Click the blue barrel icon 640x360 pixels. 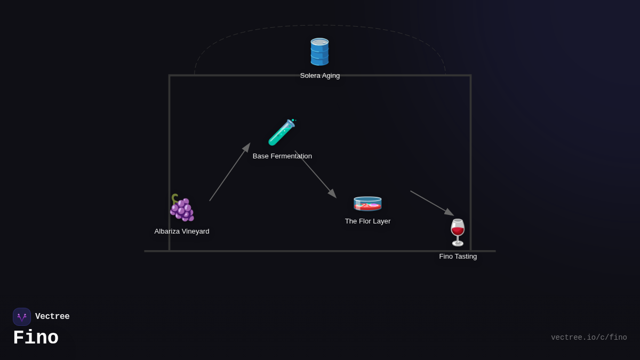pyautogui.click(x=319, y=52)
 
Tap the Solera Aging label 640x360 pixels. pyautogui.click(x=320, y=76)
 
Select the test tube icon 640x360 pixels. pyautogui.click(x=282, y=132)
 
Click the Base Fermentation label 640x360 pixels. pyautogui.click(x=282, y=156)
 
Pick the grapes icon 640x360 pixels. pyautogui.click(x=182, y=207)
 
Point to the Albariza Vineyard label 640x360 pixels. pyautogui.click(x=182, y=231)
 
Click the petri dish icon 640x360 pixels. pyautogui.click(x=367, y=203)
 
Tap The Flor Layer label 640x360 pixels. pyautogui.click(x=367, y=221)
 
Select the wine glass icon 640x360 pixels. pyautogui.click(x=458, y=233)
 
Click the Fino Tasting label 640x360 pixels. pyautogui.click(x=458, y=257)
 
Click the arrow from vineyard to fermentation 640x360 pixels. pyautogui.click(x=229, y=172)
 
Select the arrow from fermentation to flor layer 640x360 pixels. pyautogui.click(x=316, y=174)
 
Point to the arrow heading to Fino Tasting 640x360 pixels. pyautogui.click(x=432, y=203)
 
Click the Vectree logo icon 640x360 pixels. pyautogui.click(x=22, y=317)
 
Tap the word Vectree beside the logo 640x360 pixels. pyautogui.click(x=52, y=317)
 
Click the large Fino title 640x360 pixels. pyautogui.click(x=36, y=338)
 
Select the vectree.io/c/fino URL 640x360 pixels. pyautogui.click(x=589, y=338)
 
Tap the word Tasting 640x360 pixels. pyautogui.click(x=466, y=257)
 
